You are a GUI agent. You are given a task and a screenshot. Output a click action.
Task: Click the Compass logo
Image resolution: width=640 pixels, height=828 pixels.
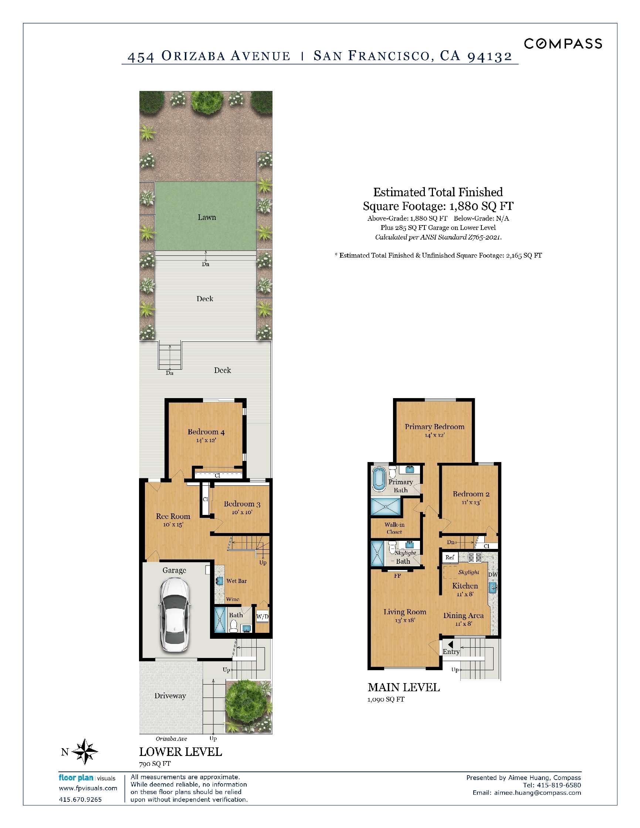[563, 44]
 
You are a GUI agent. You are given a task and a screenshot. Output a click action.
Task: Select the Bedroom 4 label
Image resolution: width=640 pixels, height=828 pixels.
[206, 432]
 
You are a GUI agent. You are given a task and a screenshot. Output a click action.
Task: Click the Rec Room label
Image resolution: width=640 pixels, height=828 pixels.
[173, 516]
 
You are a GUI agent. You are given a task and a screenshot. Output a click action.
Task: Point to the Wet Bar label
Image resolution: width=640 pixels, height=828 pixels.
[237, 581]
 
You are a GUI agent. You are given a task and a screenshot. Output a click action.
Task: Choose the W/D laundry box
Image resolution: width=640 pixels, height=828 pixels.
[263, 617]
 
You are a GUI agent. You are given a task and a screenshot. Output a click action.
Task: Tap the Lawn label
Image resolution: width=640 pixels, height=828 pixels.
[207, 217]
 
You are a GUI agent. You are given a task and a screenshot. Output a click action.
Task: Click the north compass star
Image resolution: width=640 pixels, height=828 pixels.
[85, 751]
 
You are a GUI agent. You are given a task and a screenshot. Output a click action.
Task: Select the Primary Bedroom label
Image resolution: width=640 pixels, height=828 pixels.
[434, 427]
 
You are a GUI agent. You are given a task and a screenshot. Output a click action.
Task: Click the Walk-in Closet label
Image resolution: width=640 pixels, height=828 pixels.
[394, 528]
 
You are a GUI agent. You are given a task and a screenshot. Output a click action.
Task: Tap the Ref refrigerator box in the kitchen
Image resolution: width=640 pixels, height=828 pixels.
[450, 557]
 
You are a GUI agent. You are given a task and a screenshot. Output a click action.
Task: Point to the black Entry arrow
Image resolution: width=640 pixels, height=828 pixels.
[450, 645]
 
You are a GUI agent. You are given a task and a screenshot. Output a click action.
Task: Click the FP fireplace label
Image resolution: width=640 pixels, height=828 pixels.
[397, 576]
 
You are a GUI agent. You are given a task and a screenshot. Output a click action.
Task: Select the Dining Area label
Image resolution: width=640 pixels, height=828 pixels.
[463, 615]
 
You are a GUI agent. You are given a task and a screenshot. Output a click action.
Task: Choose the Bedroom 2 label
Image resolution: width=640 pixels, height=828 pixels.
[471, 494]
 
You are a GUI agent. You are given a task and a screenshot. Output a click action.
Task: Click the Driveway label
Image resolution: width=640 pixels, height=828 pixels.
[170, 696]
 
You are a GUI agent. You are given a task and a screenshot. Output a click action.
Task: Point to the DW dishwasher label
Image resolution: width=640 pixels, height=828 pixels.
[492, 575]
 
